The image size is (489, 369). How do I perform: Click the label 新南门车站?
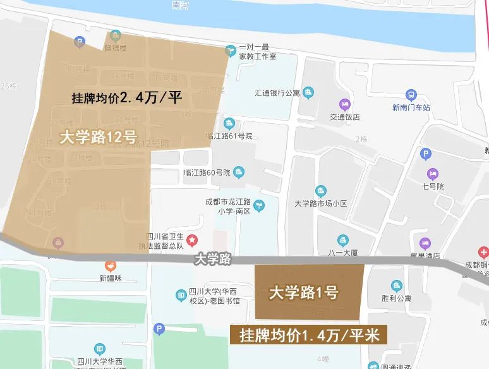411,107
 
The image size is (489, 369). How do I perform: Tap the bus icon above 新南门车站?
411,95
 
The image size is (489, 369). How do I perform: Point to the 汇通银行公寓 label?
276,94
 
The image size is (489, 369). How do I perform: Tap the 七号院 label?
433,186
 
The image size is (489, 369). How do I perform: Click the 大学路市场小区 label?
321,203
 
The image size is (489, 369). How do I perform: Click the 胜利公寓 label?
396,298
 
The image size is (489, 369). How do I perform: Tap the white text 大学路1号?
303,293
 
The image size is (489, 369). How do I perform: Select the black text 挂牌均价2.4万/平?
127,99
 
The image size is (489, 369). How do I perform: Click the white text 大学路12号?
98,138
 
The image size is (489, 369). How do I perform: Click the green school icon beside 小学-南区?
258,205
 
